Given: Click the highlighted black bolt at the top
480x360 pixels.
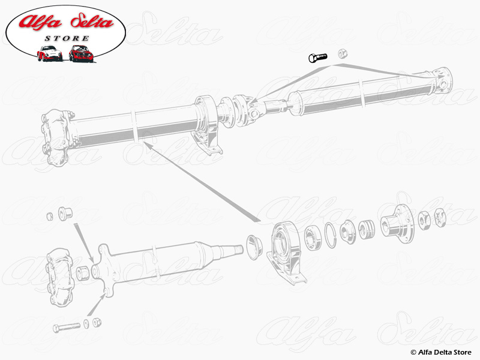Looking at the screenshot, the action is click(x=318, y=57).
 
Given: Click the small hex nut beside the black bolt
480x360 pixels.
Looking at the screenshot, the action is click(x=343, y=53).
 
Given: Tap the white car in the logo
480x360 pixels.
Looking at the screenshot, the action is click(x=50, y=53).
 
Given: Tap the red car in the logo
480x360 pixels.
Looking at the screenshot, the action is click(x=81, y=53).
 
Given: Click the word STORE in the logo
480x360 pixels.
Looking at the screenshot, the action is click(x=67, y=38).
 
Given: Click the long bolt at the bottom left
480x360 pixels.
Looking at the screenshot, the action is click(x=67, y=327).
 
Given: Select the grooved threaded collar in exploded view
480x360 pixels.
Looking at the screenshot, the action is click(x=367, y=230).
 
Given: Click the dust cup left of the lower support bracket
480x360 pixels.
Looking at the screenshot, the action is click(x=254, y=247).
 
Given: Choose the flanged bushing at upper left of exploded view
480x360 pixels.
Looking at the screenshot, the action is click(x=65, y=212).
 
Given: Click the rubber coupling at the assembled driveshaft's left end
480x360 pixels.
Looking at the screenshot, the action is click(x=58, y=137).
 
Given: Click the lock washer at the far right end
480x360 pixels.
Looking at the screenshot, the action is click(x=440, y=217).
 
